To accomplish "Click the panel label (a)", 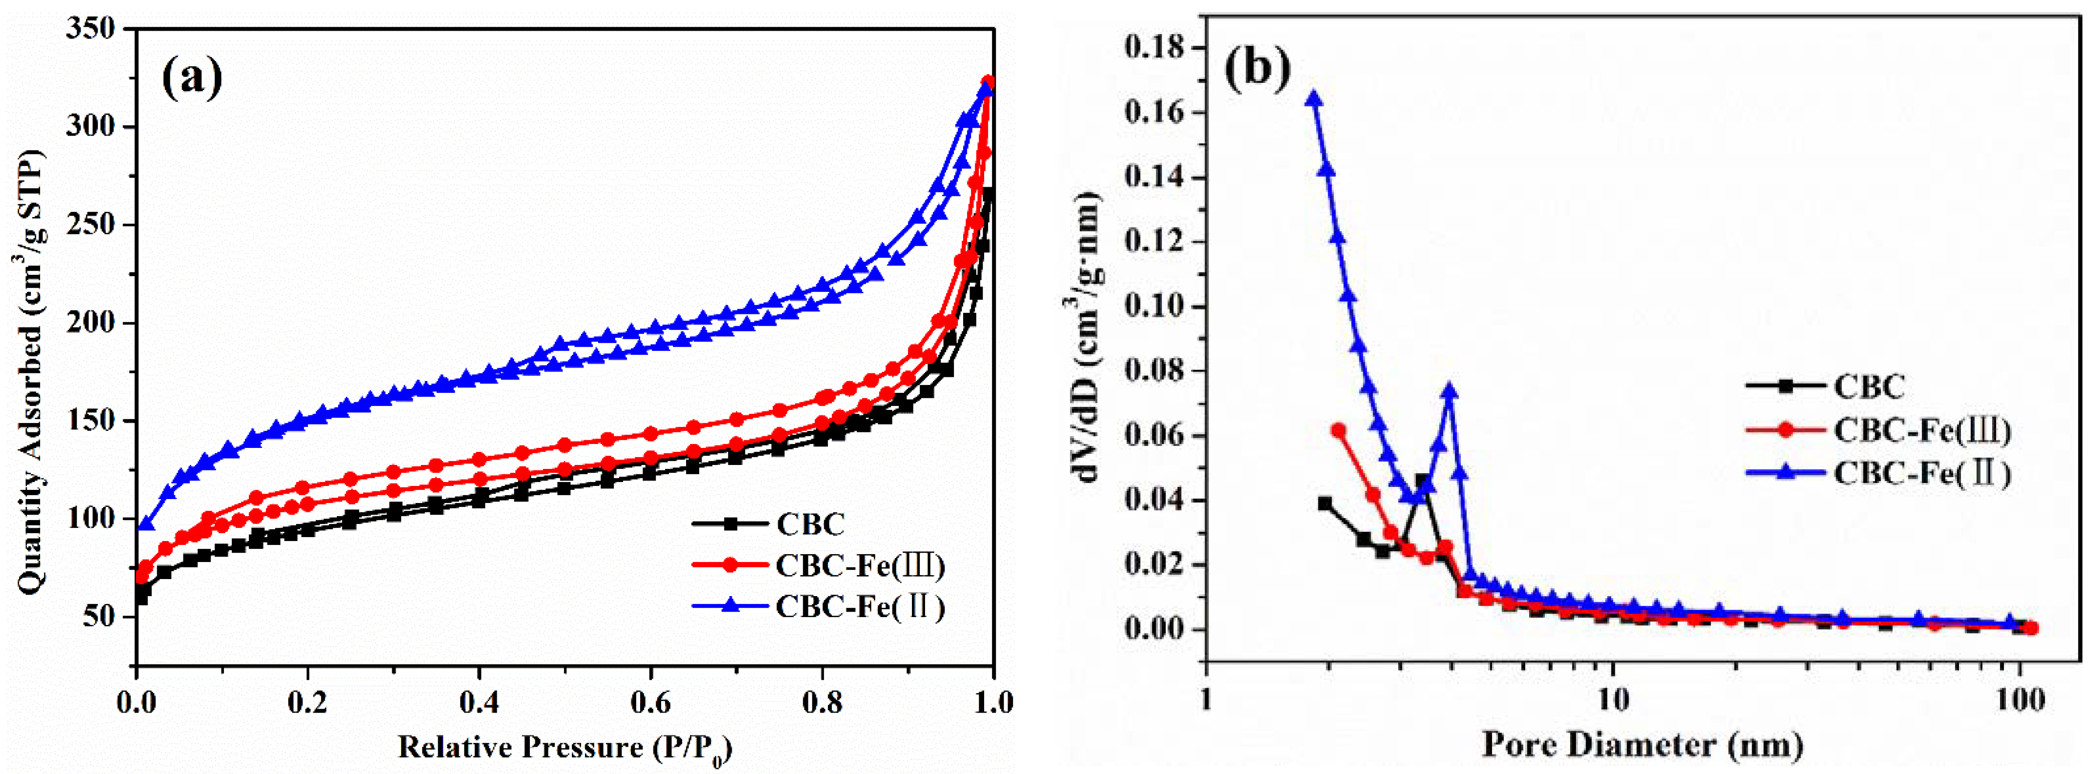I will (x=192, y=79).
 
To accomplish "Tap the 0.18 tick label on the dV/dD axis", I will (x=1154, y=48).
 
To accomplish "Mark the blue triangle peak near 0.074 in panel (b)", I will (x=1449, y=392).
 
